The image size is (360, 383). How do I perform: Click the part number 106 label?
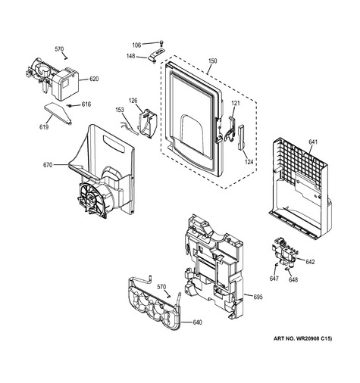point(136,45)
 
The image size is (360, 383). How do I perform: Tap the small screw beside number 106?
point(161,42)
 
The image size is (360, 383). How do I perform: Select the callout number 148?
point(131,56)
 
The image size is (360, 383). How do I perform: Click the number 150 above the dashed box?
point(212,61)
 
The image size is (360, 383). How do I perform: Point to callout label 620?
point(94,79)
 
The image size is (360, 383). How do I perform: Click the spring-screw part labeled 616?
point(69,105)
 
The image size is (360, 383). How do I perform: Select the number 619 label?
point(44,127)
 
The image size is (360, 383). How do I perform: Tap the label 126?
point(133,101)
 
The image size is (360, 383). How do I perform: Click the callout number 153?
point(120,110)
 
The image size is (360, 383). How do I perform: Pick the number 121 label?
point(235,103)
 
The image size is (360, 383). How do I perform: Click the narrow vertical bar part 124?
point(241,137)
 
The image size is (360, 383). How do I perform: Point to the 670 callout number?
point(48,165)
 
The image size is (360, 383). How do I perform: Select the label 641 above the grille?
point(313,142)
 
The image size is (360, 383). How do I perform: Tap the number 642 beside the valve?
point(310,262)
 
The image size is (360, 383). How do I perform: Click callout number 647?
point(274,279)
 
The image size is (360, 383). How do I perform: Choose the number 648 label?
point(293,279)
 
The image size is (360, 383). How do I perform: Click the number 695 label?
point(258,297)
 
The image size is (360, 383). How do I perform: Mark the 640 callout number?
point(197,322)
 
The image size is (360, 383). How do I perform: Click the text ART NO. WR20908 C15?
point(303,338)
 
